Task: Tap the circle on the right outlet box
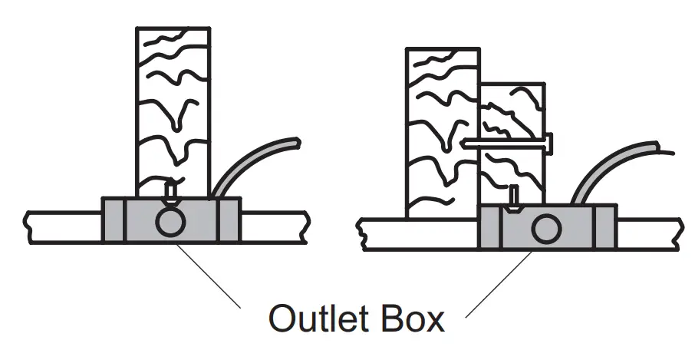545,228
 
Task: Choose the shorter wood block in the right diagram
512,138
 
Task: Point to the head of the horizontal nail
549,142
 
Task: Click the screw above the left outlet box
170,188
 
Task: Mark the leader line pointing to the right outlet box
499,284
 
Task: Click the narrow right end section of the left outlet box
230,221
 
